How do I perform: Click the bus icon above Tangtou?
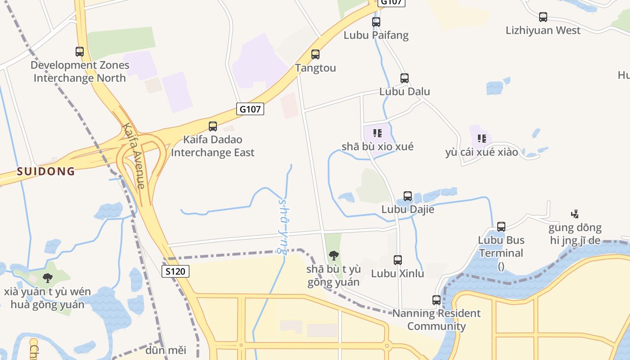[x=315, y=54]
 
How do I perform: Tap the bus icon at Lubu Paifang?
[x=376, y=22]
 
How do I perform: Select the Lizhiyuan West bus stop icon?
[x=543, y=17]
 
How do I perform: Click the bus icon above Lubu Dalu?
[x=405, y=78]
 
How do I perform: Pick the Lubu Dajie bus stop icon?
[x=408, y=196]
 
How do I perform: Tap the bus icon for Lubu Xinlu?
[x=398, y=260]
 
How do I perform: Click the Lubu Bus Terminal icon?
[x=501, y=227]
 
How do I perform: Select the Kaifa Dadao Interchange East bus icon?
[x=213, y=126]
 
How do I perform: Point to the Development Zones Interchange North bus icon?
[x=80, y=52]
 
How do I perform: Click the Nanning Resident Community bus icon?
[x=436, y=300]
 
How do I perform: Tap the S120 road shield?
[x=175, y=271]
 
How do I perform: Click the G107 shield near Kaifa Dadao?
[x=250, y=109]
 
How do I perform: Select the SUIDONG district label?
[x=46, y=171]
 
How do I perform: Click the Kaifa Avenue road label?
[x=134, y=156]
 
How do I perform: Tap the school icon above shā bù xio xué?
[x=378, y=133]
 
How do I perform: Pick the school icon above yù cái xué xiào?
[x=482, y=138]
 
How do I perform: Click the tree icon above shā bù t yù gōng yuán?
[x=334, y=256]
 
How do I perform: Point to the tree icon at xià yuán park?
[x=48, y=278]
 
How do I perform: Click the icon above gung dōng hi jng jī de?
[x=575, y=214]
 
